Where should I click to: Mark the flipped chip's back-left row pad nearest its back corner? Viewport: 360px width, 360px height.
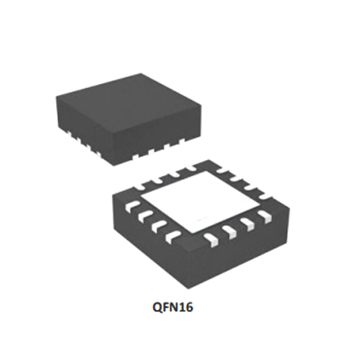[190, 168]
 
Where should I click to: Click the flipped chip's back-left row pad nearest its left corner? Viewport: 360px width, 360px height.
[141, 185]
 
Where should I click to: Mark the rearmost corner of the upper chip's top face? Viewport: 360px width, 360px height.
[140, 74]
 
